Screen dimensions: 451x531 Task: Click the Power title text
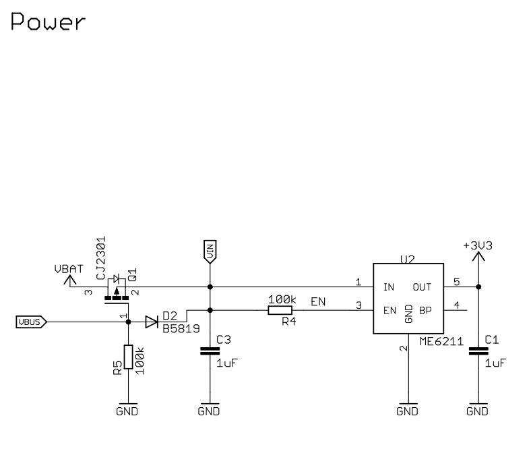point(49,22)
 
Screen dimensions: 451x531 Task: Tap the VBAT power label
point(69,269)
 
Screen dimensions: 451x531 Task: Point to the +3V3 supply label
point(478,246)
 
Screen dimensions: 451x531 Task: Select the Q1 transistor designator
point(133,274)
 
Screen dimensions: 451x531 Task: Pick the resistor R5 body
point(128,357)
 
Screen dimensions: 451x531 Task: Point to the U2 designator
point(408,258)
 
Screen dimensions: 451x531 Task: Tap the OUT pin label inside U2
point(422,287)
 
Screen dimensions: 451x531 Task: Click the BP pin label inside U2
point(425,310)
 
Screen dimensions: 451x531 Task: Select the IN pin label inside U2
point(389,287)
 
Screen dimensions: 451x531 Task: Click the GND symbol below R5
point(128,410)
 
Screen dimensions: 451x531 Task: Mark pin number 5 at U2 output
point(456,282)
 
